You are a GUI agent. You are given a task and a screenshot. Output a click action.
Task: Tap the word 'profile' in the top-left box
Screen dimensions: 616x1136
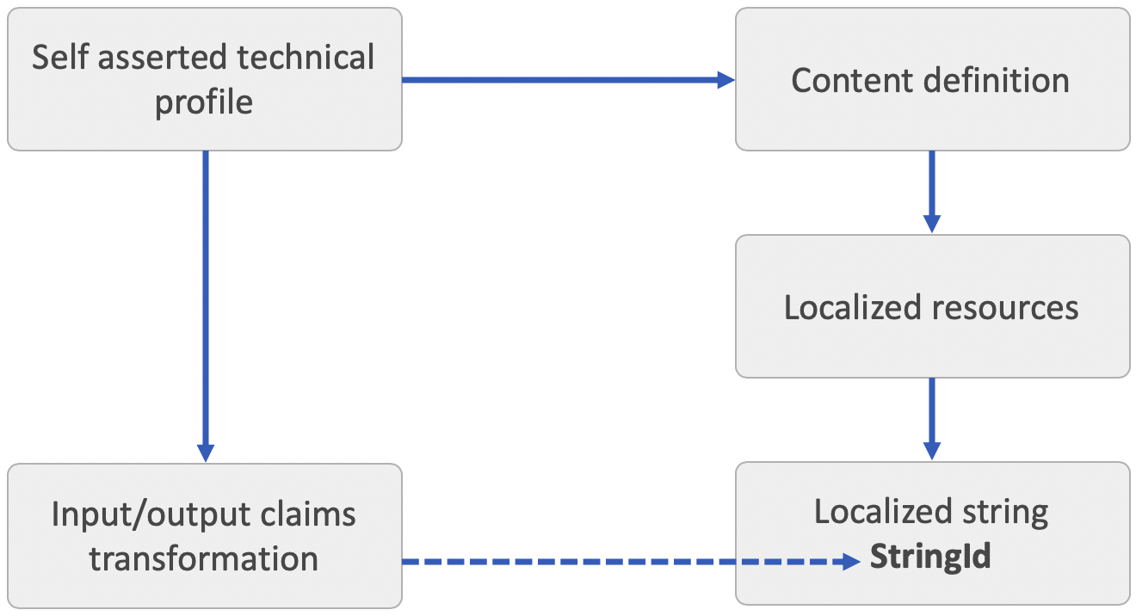pos(204,102)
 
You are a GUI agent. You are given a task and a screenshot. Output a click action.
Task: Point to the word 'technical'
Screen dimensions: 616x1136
pos(306,59)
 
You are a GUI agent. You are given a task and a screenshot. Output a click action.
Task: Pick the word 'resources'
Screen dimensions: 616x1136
pos(1003,307)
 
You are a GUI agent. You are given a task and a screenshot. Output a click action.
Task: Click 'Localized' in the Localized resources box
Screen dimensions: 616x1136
pos(851,307)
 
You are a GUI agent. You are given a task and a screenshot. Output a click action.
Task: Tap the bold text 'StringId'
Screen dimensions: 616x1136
pos(930,557)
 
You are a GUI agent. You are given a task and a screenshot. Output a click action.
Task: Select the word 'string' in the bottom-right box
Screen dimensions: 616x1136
pos(1008,512)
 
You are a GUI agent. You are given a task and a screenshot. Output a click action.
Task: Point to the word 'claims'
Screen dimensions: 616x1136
pos(308,514)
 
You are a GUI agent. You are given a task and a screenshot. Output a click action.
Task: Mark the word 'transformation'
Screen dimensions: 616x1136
pos(204,558)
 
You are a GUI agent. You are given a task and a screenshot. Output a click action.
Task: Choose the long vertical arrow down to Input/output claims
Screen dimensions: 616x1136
pos(205,301)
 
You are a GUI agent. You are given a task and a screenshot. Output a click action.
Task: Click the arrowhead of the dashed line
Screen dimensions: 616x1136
pos(851,562)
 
